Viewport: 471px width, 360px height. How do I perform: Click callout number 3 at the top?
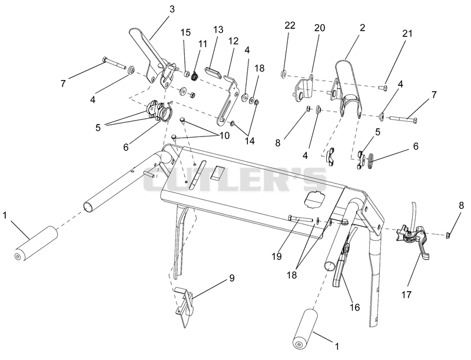tap(172, 9)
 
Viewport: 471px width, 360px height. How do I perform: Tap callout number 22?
tap(290, 25)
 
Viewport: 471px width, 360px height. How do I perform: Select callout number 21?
tap(407, 34)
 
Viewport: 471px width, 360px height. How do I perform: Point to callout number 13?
tap(218, 29)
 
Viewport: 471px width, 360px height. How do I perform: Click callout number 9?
tap(231, 278)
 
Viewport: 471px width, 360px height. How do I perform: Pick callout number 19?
tap(277, 256)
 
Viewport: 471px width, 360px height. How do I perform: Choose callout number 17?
tap(406, 295)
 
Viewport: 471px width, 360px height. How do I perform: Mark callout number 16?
tap(355, 307)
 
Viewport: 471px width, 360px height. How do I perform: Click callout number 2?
tap(363, 28)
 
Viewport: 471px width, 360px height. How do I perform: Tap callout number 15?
tap(186, 32)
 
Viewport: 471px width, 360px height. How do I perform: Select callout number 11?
tap(203, 44)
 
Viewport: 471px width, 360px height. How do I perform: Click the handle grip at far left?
tap(37, 244)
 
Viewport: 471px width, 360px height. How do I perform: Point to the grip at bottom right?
tap(305, 329)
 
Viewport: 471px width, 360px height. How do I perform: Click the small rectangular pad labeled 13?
tap(214, 72)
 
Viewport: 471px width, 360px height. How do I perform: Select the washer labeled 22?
tap(284, 74)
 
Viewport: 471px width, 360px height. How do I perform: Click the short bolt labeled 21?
tap(383, 88)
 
